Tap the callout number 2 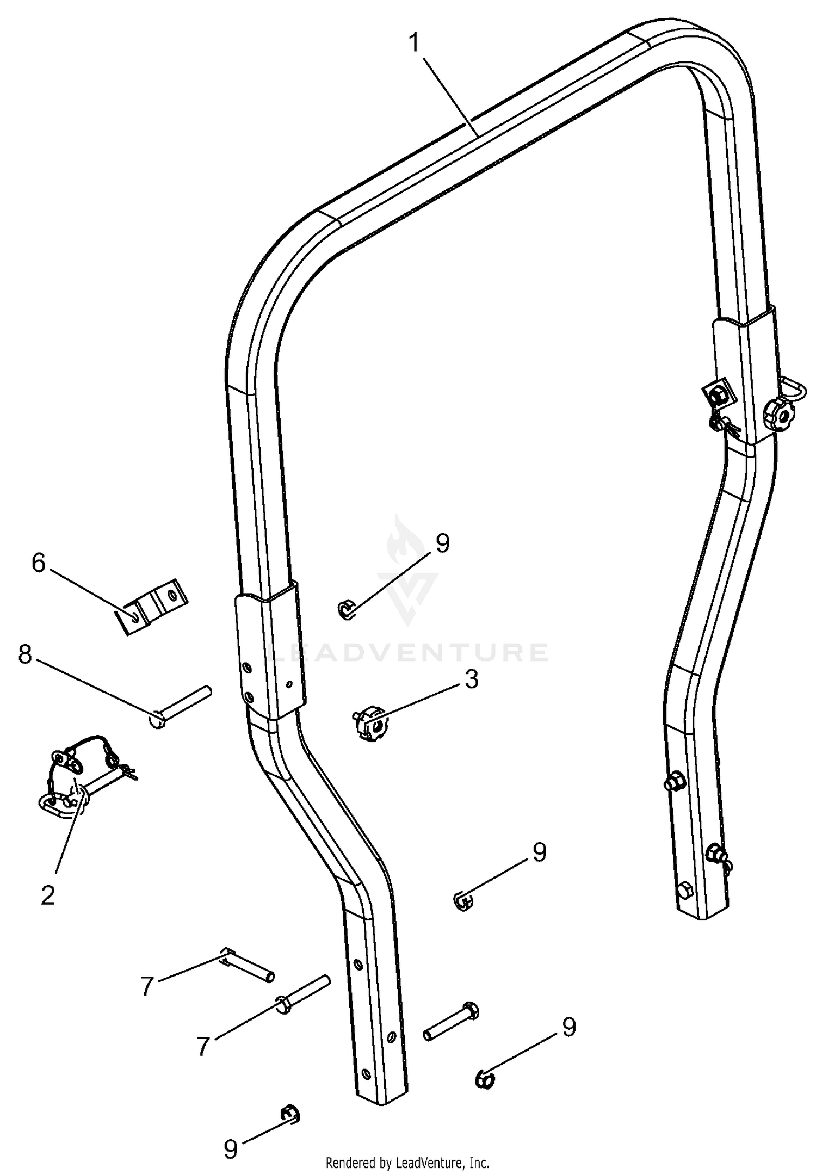pos(48,895)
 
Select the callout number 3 pos(471,679)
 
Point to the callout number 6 pos(38,563)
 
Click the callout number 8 pos(24,655)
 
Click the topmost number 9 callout pos(443,543)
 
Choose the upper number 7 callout pos(147,986)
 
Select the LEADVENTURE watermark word pos(409,652)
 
